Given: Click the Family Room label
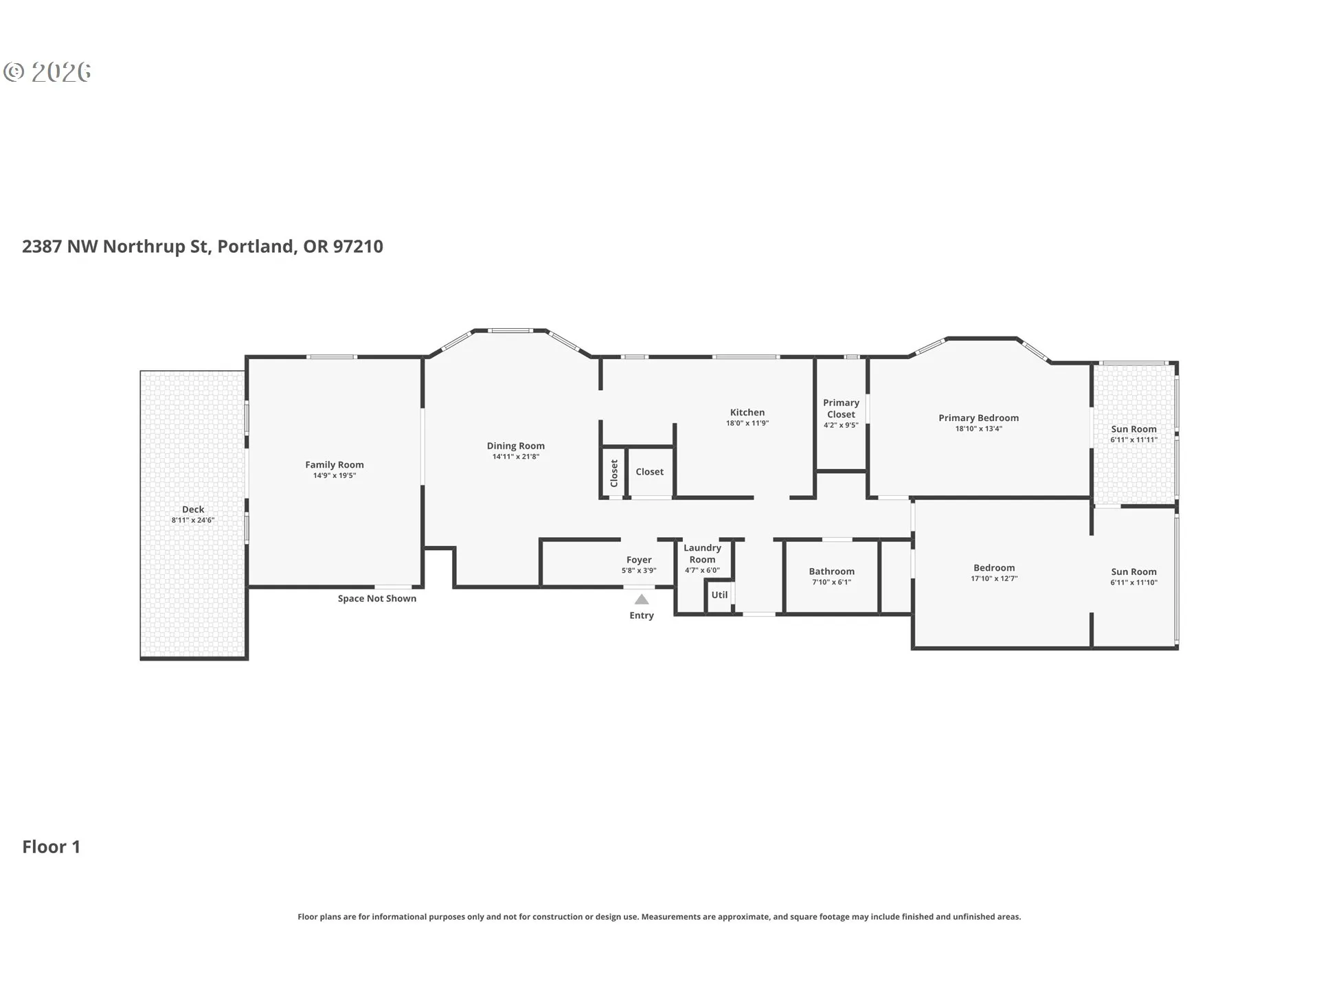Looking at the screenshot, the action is [335, 465].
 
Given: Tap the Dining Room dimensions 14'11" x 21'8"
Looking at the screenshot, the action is [516, 457].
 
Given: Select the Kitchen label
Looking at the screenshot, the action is [747, 413].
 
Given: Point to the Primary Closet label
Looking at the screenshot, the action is [842, 409].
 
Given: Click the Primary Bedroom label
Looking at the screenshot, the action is [979, 418].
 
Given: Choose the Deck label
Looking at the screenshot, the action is [193, 510].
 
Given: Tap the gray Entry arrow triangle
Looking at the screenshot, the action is [642, 600].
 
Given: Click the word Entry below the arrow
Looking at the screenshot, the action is [642, 615].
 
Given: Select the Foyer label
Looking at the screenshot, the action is [639, 560].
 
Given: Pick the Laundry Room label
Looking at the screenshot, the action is [702, 554].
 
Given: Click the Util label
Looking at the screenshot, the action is [719, 595].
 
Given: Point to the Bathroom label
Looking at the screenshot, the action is [832, 571].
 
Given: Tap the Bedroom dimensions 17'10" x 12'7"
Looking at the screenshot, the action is [994, 579].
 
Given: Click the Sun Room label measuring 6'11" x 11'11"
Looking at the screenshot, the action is [1134, 429].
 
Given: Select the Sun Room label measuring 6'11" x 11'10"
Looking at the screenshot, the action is [1134, 572].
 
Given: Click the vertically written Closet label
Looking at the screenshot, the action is [614, 473].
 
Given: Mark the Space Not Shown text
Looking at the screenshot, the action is [377, 599].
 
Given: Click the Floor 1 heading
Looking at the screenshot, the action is [52, 847].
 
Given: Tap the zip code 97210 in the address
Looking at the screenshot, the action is [358, 247].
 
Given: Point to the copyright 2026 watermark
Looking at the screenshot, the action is [47, 72].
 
